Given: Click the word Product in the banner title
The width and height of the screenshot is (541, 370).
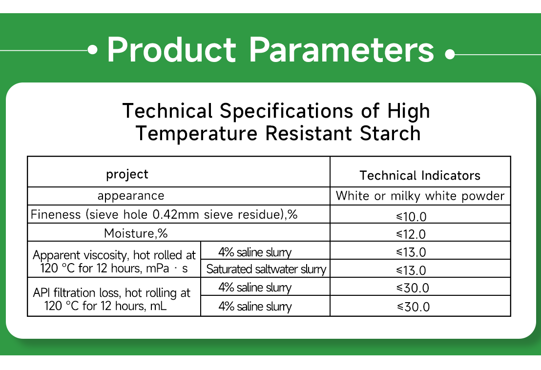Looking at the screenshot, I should tap(171, 50).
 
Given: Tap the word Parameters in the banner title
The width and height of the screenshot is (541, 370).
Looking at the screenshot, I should tap(341, 50).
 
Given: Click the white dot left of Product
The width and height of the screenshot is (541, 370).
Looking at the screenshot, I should tap(93, 50).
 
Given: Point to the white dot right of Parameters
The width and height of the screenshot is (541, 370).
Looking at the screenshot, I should tap(450, 54).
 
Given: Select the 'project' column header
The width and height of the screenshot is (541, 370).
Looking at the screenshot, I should tap(127, 174).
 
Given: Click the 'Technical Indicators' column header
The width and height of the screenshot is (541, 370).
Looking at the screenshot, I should tap(420, 176).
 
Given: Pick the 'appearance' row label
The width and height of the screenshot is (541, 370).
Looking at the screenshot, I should tap(131, 196).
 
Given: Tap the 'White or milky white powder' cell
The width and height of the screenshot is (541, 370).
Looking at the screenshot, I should tap(420, 196).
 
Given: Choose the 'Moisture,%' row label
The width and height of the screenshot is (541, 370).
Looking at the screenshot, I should tap(136, 233).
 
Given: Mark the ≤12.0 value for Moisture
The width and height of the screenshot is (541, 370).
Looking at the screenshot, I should tap(411, 234).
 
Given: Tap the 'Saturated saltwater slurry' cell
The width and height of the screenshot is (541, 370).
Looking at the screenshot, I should tap(266, 269).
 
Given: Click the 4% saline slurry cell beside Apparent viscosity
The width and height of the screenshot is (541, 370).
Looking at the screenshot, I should tap(254, 252).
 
